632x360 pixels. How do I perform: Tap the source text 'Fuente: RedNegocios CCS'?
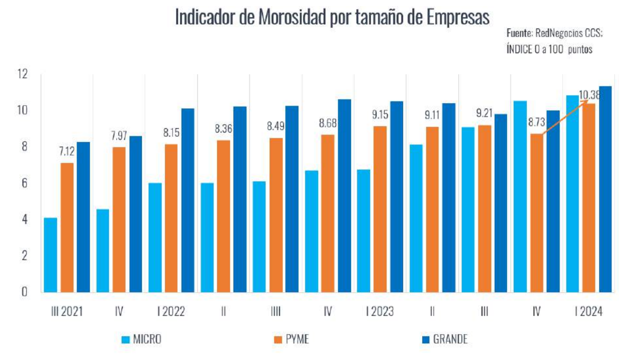(x=554, y=33)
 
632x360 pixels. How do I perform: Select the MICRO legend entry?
(x=141, y=339)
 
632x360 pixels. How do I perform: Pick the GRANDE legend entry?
(x=442, y=339)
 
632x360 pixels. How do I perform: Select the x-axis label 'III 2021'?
(x=67, y=312)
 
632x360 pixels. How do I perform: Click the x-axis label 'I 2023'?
(x=380, y=312)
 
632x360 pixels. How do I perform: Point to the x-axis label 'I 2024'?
(x=589, y=312)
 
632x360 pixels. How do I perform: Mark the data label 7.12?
(x=66, y=151)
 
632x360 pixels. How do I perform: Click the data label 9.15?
(x=380, y=115)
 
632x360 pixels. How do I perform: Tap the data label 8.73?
(x=536, y=122)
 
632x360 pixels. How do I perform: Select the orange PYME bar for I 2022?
(x=172, y=218)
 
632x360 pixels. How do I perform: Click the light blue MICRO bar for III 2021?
(x=50, y=254)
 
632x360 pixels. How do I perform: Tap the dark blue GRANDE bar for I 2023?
(x=396, y=197)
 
